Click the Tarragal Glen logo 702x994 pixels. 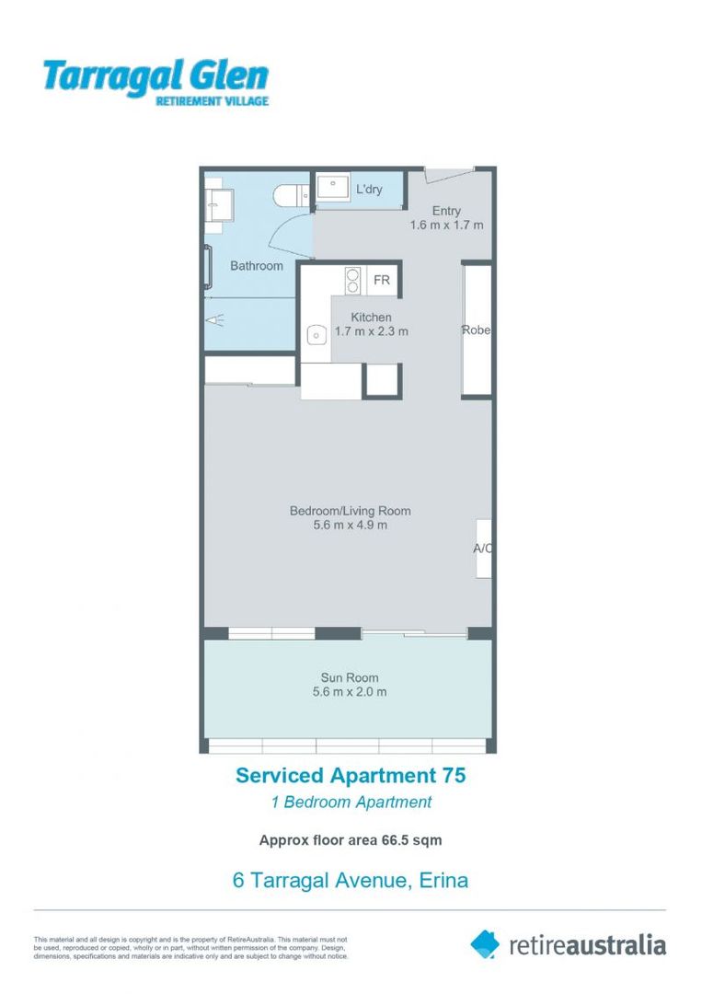point(155,82)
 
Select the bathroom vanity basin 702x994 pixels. point(219,202)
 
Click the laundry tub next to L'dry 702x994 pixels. point(331,189)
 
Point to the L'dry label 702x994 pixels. point(369,190)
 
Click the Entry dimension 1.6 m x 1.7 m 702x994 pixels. point(446,225)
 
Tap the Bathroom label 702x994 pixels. point(257,266)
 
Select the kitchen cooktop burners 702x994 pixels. point(351,280)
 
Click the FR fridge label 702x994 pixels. point(381,280)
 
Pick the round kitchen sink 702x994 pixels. point(315,335)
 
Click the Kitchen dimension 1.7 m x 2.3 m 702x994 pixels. point(371,331)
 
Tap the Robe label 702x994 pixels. point(476,330)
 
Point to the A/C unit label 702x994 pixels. point(483,549)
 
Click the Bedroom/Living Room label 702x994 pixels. point(350,511)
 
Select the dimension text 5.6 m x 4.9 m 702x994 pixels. point(350,526)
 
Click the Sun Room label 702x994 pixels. point(350,678)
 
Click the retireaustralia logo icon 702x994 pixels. point(486,943)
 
